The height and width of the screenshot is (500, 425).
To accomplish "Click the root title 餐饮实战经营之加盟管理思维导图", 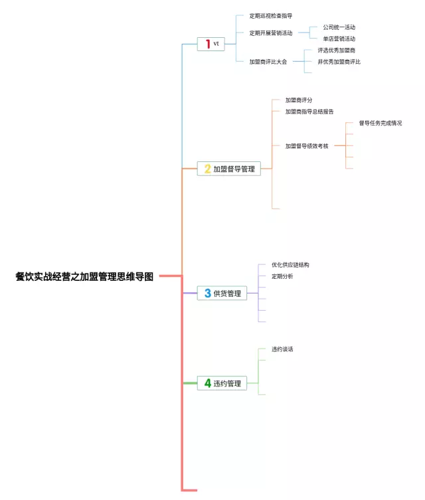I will tap(84, 277).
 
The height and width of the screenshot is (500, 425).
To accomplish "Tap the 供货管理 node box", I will tap(222, 293).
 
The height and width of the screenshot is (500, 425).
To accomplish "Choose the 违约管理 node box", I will tap(222, 383).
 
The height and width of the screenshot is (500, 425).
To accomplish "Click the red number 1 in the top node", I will tap(208, 44).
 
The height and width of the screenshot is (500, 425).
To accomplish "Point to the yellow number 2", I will tap(207, 169).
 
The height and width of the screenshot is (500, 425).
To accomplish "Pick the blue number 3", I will tap(207, 293).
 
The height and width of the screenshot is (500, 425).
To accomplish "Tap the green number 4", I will tap(207, 383).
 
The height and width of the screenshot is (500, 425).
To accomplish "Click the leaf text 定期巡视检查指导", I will tap(271, 15).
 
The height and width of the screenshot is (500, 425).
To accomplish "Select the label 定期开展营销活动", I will tap(271, 33).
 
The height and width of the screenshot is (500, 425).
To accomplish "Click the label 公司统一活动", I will tap(339, 27).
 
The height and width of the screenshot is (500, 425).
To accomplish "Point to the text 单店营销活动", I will tap(339, 39).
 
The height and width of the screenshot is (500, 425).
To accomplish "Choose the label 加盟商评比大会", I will tap(268, 62).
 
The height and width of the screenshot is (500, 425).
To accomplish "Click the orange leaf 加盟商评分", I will tap(299, 100).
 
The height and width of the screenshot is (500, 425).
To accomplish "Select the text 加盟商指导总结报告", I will tap(309, 112).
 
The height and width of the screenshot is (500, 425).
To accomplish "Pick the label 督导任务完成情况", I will tap(381, 123).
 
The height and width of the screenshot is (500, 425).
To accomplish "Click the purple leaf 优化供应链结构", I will tap(290, 264).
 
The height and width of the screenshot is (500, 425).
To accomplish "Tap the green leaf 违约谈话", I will tap(282, 349).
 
